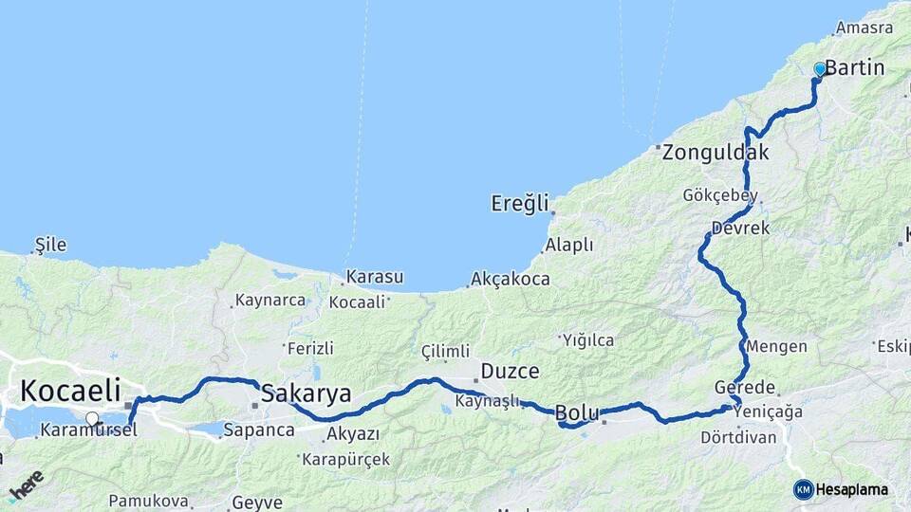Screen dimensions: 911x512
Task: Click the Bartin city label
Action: click(x=855, y=68)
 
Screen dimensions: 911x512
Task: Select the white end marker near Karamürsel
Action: click(x=92, y=418)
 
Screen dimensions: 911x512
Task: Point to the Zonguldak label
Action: click(x=716, y=152)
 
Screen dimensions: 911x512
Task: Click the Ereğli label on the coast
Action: click(x=520, y=203)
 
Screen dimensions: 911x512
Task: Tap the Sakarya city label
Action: click(x=306, y=393)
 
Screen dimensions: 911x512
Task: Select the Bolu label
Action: click(x=576, y=412)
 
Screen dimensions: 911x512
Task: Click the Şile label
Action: click(x=50, y=245)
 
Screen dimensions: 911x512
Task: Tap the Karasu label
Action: click(x=375, y=278)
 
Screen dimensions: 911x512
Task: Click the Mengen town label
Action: click(x=777, y=346)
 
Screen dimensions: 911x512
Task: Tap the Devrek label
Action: click(x=740, y=229)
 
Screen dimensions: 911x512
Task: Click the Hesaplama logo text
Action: click(x=851, y=490)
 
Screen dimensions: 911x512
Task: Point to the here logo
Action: click(x=27, y=485)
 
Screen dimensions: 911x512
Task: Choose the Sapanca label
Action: click(x=259, y=430)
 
